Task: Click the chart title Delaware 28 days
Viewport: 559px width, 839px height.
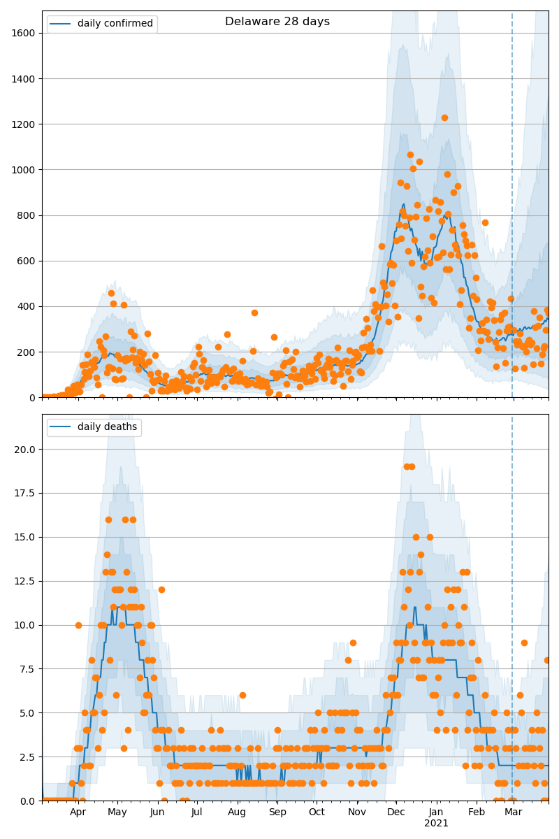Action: point(277,22)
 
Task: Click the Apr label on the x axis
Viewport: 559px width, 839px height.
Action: point(78,812)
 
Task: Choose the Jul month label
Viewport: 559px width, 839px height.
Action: point(196,812)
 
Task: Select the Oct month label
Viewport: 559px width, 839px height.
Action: point(317,812)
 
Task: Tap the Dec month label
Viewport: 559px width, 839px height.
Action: point(396,812)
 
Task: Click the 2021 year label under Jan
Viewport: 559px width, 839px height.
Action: point(436,824)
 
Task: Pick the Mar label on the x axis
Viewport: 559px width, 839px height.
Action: point(514,812)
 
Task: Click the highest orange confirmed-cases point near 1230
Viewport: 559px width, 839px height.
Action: point(444,117)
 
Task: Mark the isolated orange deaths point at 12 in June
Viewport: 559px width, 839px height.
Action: point(161,589)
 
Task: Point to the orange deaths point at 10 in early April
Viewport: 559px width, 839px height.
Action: point(78,625)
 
